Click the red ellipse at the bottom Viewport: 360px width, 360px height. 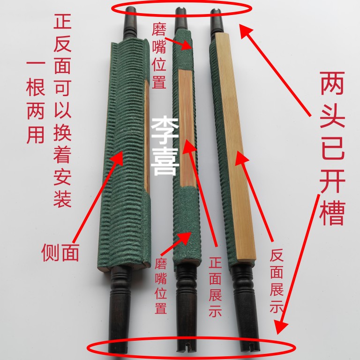pos(192,347)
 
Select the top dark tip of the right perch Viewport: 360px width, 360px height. pos(216,19)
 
